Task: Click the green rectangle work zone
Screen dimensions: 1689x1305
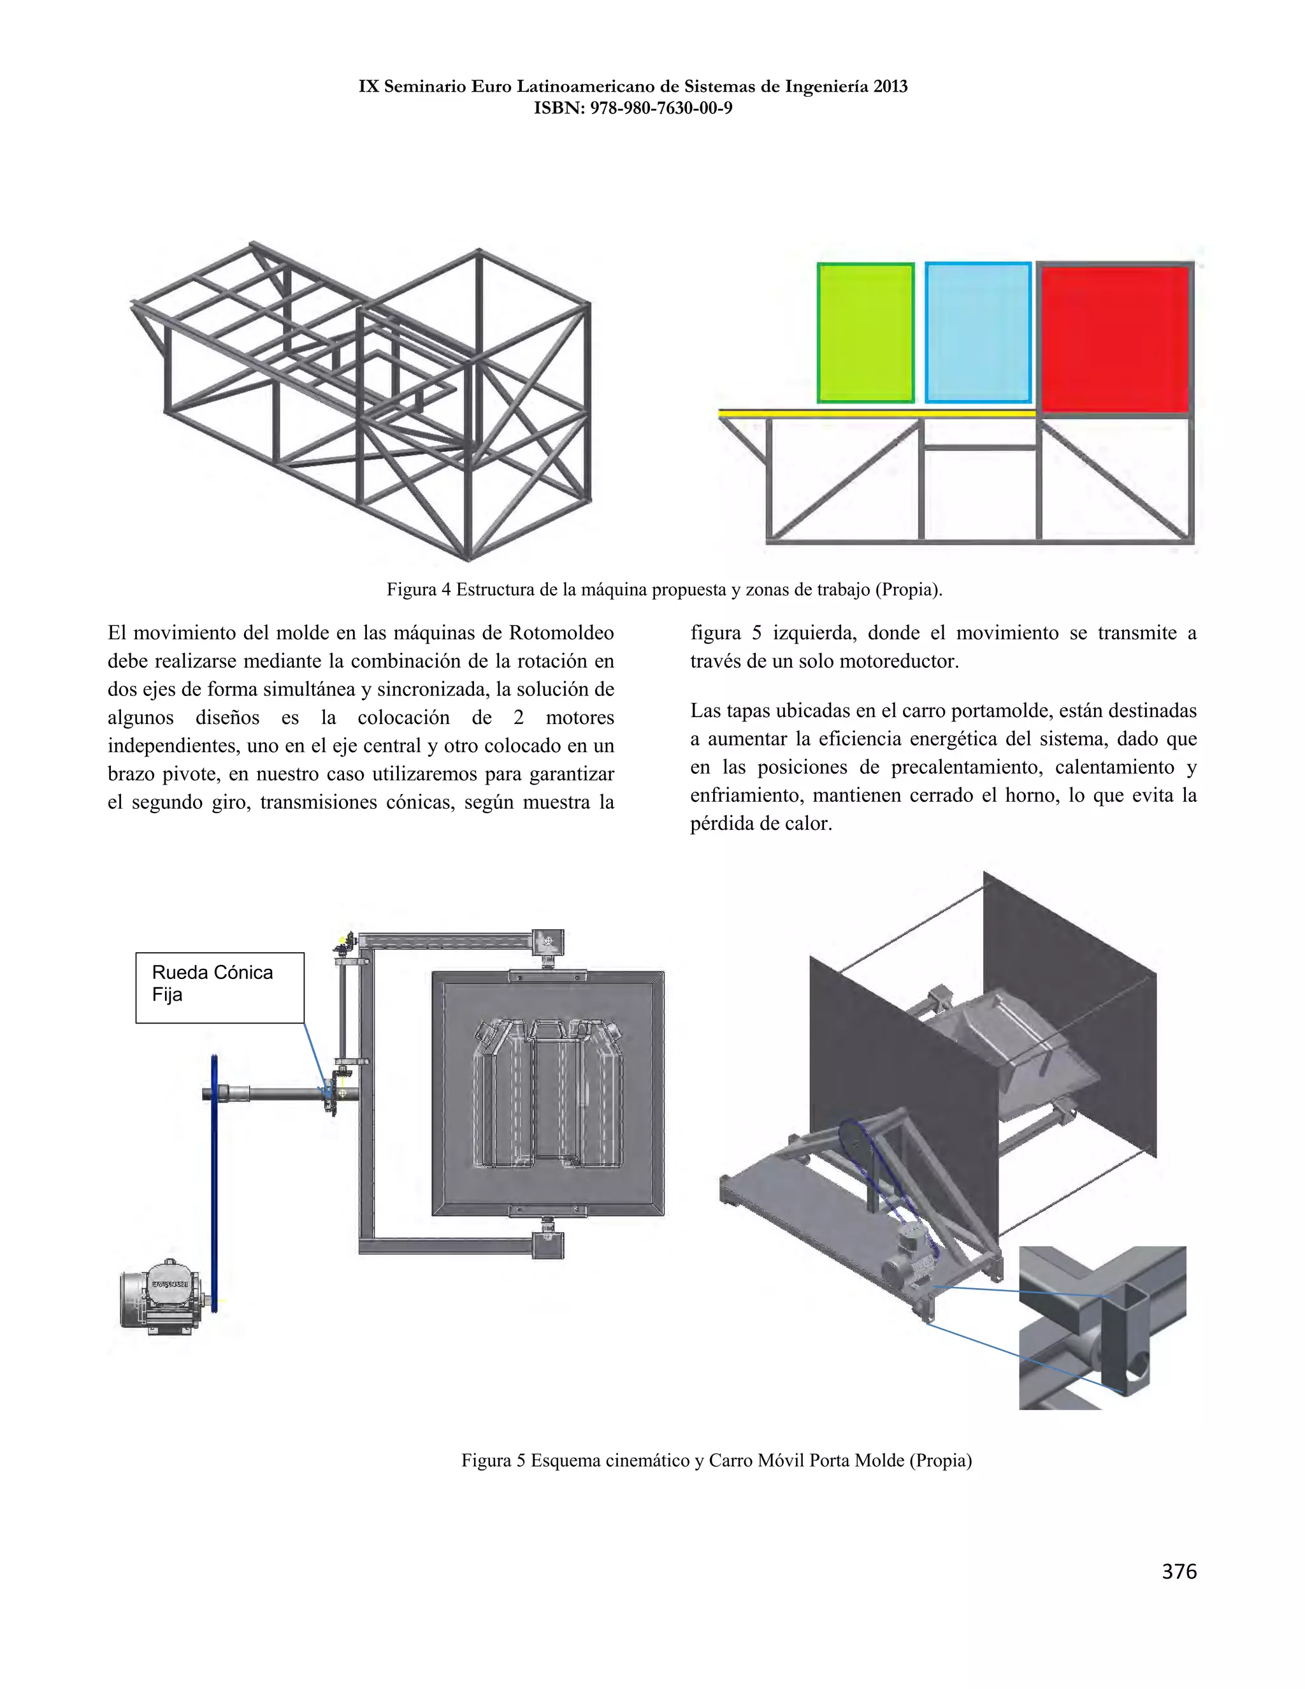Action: coord(865,333)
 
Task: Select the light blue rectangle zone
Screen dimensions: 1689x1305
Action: coord(978,333)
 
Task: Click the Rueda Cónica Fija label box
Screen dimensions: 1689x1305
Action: coord(220,987)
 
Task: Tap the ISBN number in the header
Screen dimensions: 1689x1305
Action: coord(661,108)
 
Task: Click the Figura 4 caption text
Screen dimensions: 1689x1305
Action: coord(664,590)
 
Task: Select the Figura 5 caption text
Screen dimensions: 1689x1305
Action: coord(716,1460)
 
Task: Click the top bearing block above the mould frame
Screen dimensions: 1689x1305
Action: coord(547,942)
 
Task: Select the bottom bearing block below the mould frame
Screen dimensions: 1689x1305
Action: coord(547,1245)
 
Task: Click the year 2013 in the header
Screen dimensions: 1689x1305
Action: coord(891,87)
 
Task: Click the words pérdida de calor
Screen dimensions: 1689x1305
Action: coord(761,823)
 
